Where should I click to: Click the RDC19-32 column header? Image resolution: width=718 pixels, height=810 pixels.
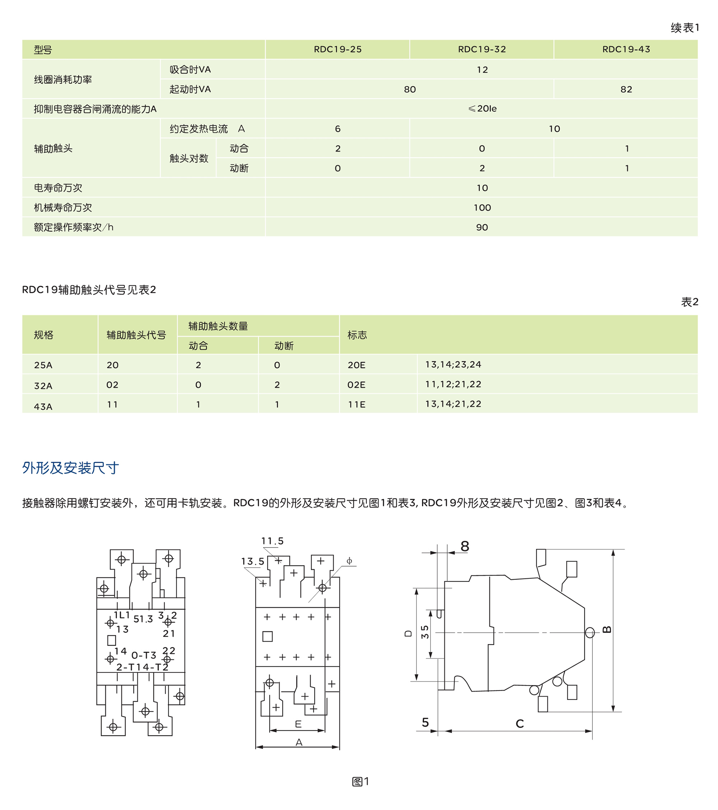pos(481,50)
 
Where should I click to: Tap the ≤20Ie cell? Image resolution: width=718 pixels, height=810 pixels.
pos(482,108)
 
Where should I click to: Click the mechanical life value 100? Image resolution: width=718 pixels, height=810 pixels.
pos(482,208)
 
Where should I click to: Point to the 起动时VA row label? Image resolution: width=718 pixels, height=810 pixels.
pos(190,89)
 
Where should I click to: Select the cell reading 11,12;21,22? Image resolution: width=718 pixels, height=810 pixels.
pos(453,385)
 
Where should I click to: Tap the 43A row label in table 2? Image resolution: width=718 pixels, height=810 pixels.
pos(43,406)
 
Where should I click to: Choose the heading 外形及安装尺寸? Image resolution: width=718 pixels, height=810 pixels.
pos(70,468)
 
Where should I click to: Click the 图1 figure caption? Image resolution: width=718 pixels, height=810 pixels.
pos(360,782)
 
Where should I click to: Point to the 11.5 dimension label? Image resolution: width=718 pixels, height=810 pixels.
pos(272,541)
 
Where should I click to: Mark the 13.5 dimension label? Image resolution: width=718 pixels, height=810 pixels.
pos(252,562)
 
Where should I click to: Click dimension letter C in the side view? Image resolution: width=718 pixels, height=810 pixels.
pos(519,724)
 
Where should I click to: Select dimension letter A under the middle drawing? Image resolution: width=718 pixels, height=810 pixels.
pos(299,742)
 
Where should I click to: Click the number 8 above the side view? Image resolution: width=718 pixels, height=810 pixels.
pos(465,546)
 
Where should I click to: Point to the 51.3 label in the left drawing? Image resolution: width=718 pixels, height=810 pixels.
pos(143,619)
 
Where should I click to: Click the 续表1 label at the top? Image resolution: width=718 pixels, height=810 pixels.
pos(685,28)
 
